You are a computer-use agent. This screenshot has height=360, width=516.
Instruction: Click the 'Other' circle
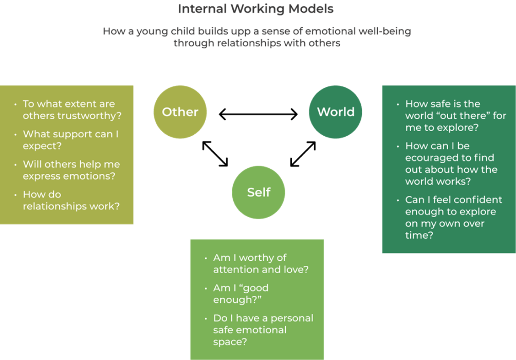pos(180,112)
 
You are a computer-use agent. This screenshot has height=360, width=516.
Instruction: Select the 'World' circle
pos(335,112)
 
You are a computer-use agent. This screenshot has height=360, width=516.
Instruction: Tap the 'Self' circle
pos(259,192)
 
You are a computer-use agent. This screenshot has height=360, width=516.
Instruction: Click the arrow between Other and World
pos(258,114)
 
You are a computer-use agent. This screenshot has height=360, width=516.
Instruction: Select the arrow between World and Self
pos(303,154)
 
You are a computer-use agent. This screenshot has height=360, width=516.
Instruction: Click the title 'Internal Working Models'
pos(255,9)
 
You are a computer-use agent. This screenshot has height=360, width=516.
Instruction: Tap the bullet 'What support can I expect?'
pos(70,140)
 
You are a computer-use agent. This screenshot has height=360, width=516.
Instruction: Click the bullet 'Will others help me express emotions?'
pos(71,170)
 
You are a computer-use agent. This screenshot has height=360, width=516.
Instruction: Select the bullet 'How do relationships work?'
pos(71,201)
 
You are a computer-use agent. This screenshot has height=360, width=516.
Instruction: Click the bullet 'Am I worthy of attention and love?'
pos(261,263)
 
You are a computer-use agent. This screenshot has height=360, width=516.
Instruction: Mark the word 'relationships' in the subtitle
pos(248,43)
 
